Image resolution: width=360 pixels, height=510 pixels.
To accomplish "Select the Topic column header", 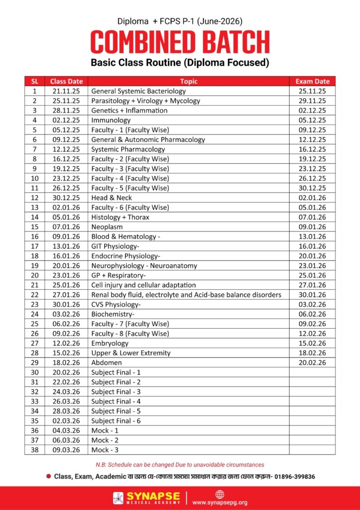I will (x=189, y=81).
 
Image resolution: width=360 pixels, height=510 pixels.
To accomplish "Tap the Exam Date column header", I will (x=312, y=81).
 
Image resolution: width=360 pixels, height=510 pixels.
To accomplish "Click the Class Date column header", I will (x=66, y=81).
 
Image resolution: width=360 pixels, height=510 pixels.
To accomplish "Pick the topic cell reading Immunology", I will (x=111, y=120).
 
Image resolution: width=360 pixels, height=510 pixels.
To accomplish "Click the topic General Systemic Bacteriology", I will (x=138, y=91).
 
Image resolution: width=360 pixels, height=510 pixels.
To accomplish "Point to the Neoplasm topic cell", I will (x=107, y=227).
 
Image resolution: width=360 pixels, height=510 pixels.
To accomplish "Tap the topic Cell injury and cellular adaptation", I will (x=143, y=285).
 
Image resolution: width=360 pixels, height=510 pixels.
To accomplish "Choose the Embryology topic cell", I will (x=110, y=343).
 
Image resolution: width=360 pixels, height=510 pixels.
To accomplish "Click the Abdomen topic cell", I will (x=107, y=363).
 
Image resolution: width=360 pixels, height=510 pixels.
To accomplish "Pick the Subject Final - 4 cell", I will (x=116, y=401).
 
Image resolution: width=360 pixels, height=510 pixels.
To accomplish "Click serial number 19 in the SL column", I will (x=34, y=265).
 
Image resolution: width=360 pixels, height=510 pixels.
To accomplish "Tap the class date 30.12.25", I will (x=66, y=198).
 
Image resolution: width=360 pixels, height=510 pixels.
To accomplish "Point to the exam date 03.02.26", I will (x=312, y=304).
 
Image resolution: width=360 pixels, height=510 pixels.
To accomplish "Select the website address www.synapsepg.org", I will (x=220, y=502).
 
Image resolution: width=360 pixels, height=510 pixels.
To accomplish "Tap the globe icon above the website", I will (x=220, y=494).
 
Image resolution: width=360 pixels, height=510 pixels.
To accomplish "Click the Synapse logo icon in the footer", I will (x=119, y=498).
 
